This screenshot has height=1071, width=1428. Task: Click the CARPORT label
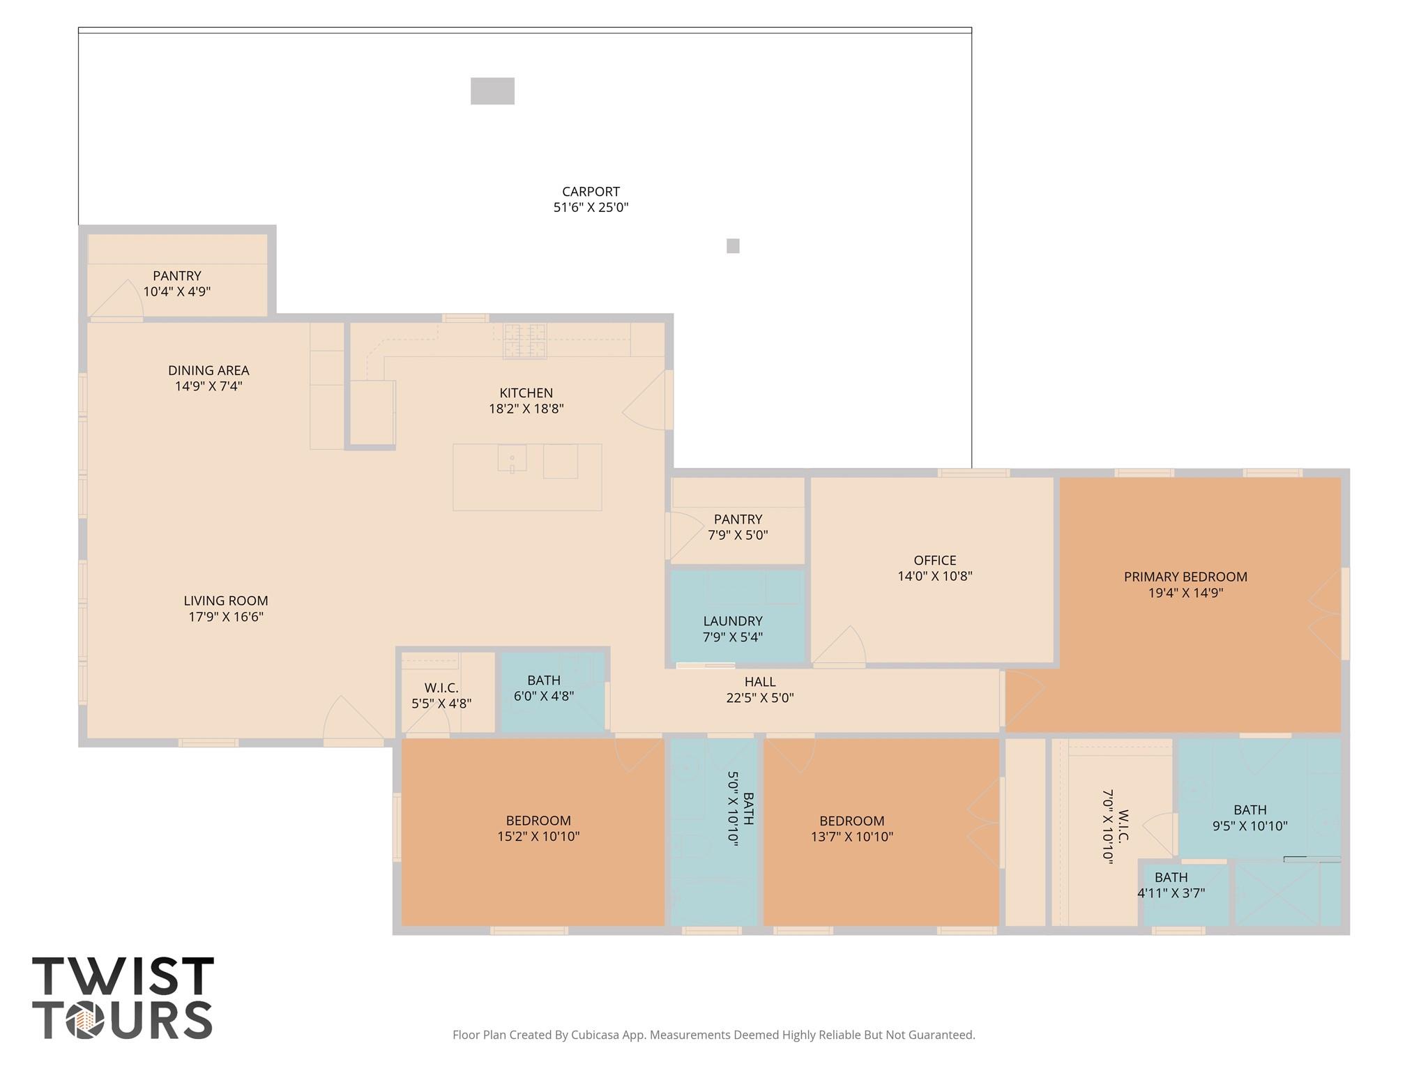[591, 192]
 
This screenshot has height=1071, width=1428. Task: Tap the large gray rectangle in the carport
[492, 91]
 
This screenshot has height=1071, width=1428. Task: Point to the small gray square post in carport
[733, 246]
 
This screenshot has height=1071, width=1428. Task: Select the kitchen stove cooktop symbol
[525, 341]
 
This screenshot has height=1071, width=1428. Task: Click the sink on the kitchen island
[512, 459]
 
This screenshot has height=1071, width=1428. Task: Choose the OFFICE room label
[934, 561]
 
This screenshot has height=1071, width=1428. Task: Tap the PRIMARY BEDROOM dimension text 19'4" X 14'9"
[1185, 593]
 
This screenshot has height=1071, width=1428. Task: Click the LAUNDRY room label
[732, 621]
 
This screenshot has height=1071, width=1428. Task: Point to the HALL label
[759, 682]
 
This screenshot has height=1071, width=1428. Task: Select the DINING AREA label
[208, 371]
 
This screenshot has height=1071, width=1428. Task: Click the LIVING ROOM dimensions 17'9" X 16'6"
[226, 617]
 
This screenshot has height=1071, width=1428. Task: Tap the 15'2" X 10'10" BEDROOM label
[538, 828]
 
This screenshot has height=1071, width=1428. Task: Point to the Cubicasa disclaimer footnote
[713, 1035]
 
